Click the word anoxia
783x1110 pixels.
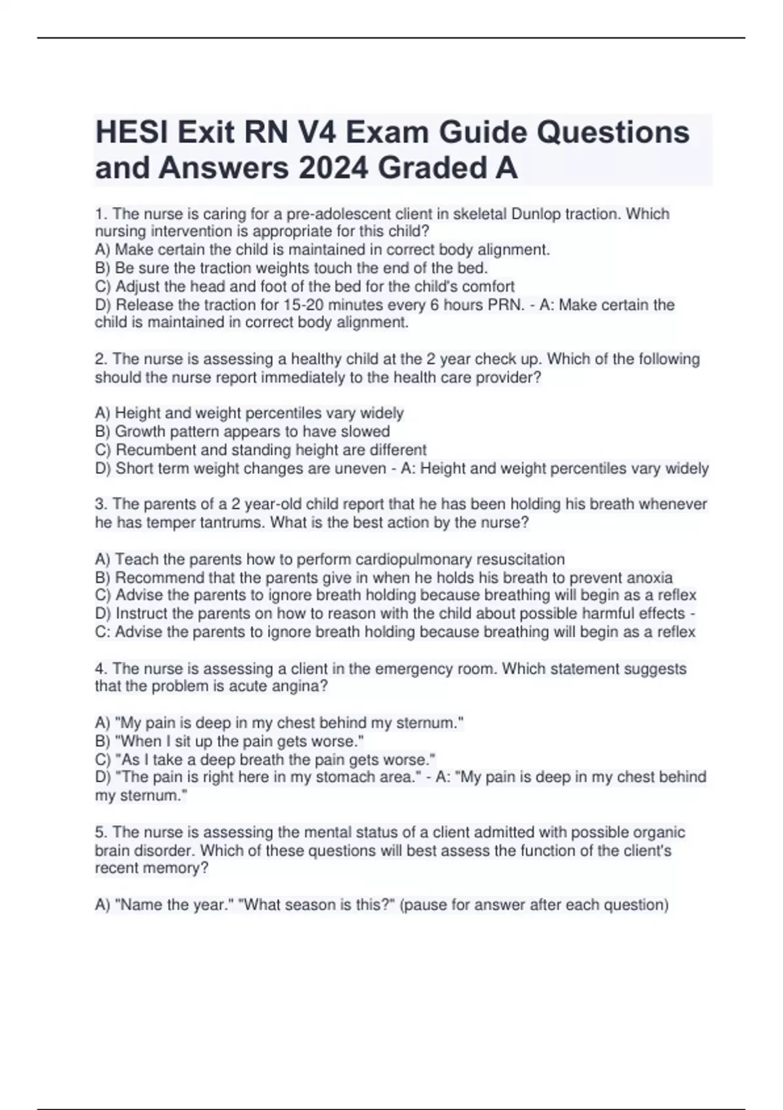coord(649,577)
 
